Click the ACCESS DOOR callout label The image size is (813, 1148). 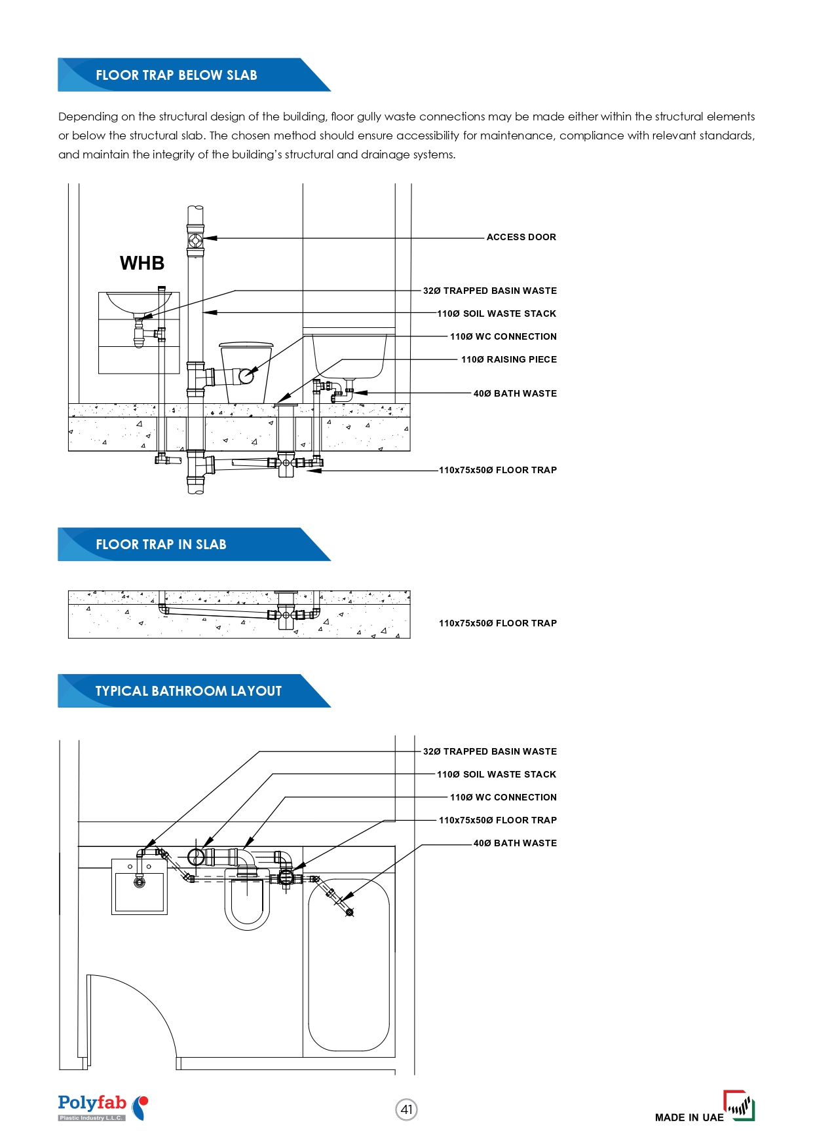tap(521, 237)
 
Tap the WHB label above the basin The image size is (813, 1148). tap(142, 263)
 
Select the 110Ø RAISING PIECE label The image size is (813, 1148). tap(508, 359)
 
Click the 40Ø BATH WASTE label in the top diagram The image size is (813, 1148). tap(515, 393)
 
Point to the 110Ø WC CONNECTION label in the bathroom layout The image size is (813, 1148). tap(503, 797)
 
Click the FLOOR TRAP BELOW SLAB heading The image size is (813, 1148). tap(176, 75)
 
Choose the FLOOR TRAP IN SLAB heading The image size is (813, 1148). tap(161, 545)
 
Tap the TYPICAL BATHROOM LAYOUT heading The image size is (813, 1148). tap(188, 691)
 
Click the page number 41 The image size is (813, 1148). tap(407, 1109)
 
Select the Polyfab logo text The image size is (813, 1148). tap(92, 1103)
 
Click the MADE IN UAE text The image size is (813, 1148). tap(689, 1117)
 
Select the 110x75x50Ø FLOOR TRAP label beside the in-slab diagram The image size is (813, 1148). tap(498, 623)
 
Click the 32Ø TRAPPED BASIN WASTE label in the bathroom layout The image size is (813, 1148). tap(489, 751)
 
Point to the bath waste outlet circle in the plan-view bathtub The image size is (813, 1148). tap(349, 912)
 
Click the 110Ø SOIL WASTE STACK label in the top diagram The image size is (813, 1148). tap(497, 314)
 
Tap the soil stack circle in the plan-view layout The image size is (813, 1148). tap(195, 857)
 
